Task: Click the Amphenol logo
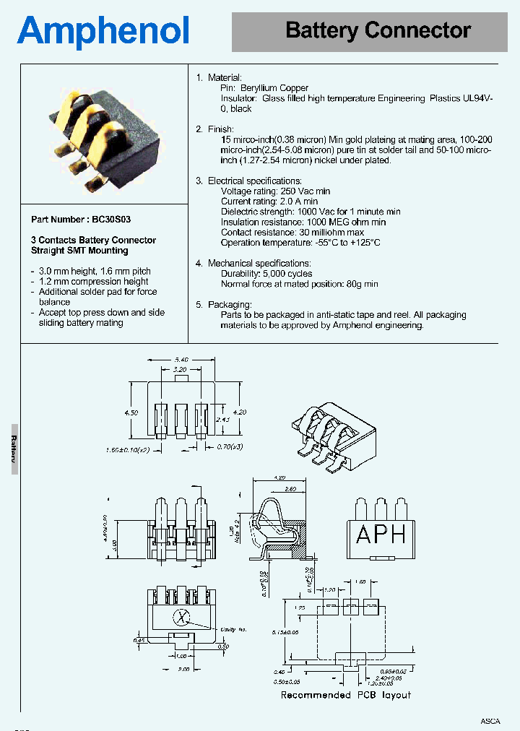click(x=103, y=32)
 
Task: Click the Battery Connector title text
click(x=378, y=31)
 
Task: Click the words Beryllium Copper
click(x=274, y=88)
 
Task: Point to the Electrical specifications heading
click(x=254, y=181)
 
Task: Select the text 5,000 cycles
click(x=287, y=274)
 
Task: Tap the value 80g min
click(x=361, y=285)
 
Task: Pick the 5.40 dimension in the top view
click(x=181, y=359)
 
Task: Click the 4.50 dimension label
click(x=131, y=412)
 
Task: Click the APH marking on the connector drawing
click(x=381, y=535)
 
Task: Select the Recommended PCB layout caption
click(x=346, y=695)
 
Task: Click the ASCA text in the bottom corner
click(x=490, y=721)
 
